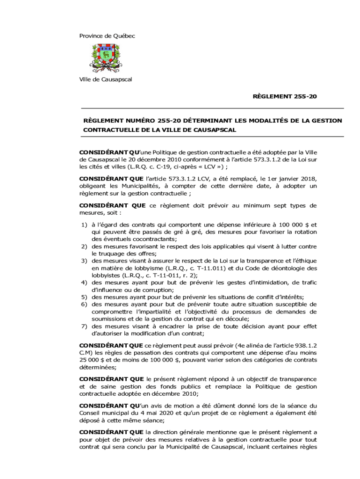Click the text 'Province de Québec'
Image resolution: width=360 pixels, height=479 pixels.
click(107, 36)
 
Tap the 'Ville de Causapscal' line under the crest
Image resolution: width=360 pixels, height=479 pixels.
click(105, 80)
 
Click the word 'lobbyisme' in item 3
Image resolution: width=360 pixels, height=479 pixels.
click(146, 268)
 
